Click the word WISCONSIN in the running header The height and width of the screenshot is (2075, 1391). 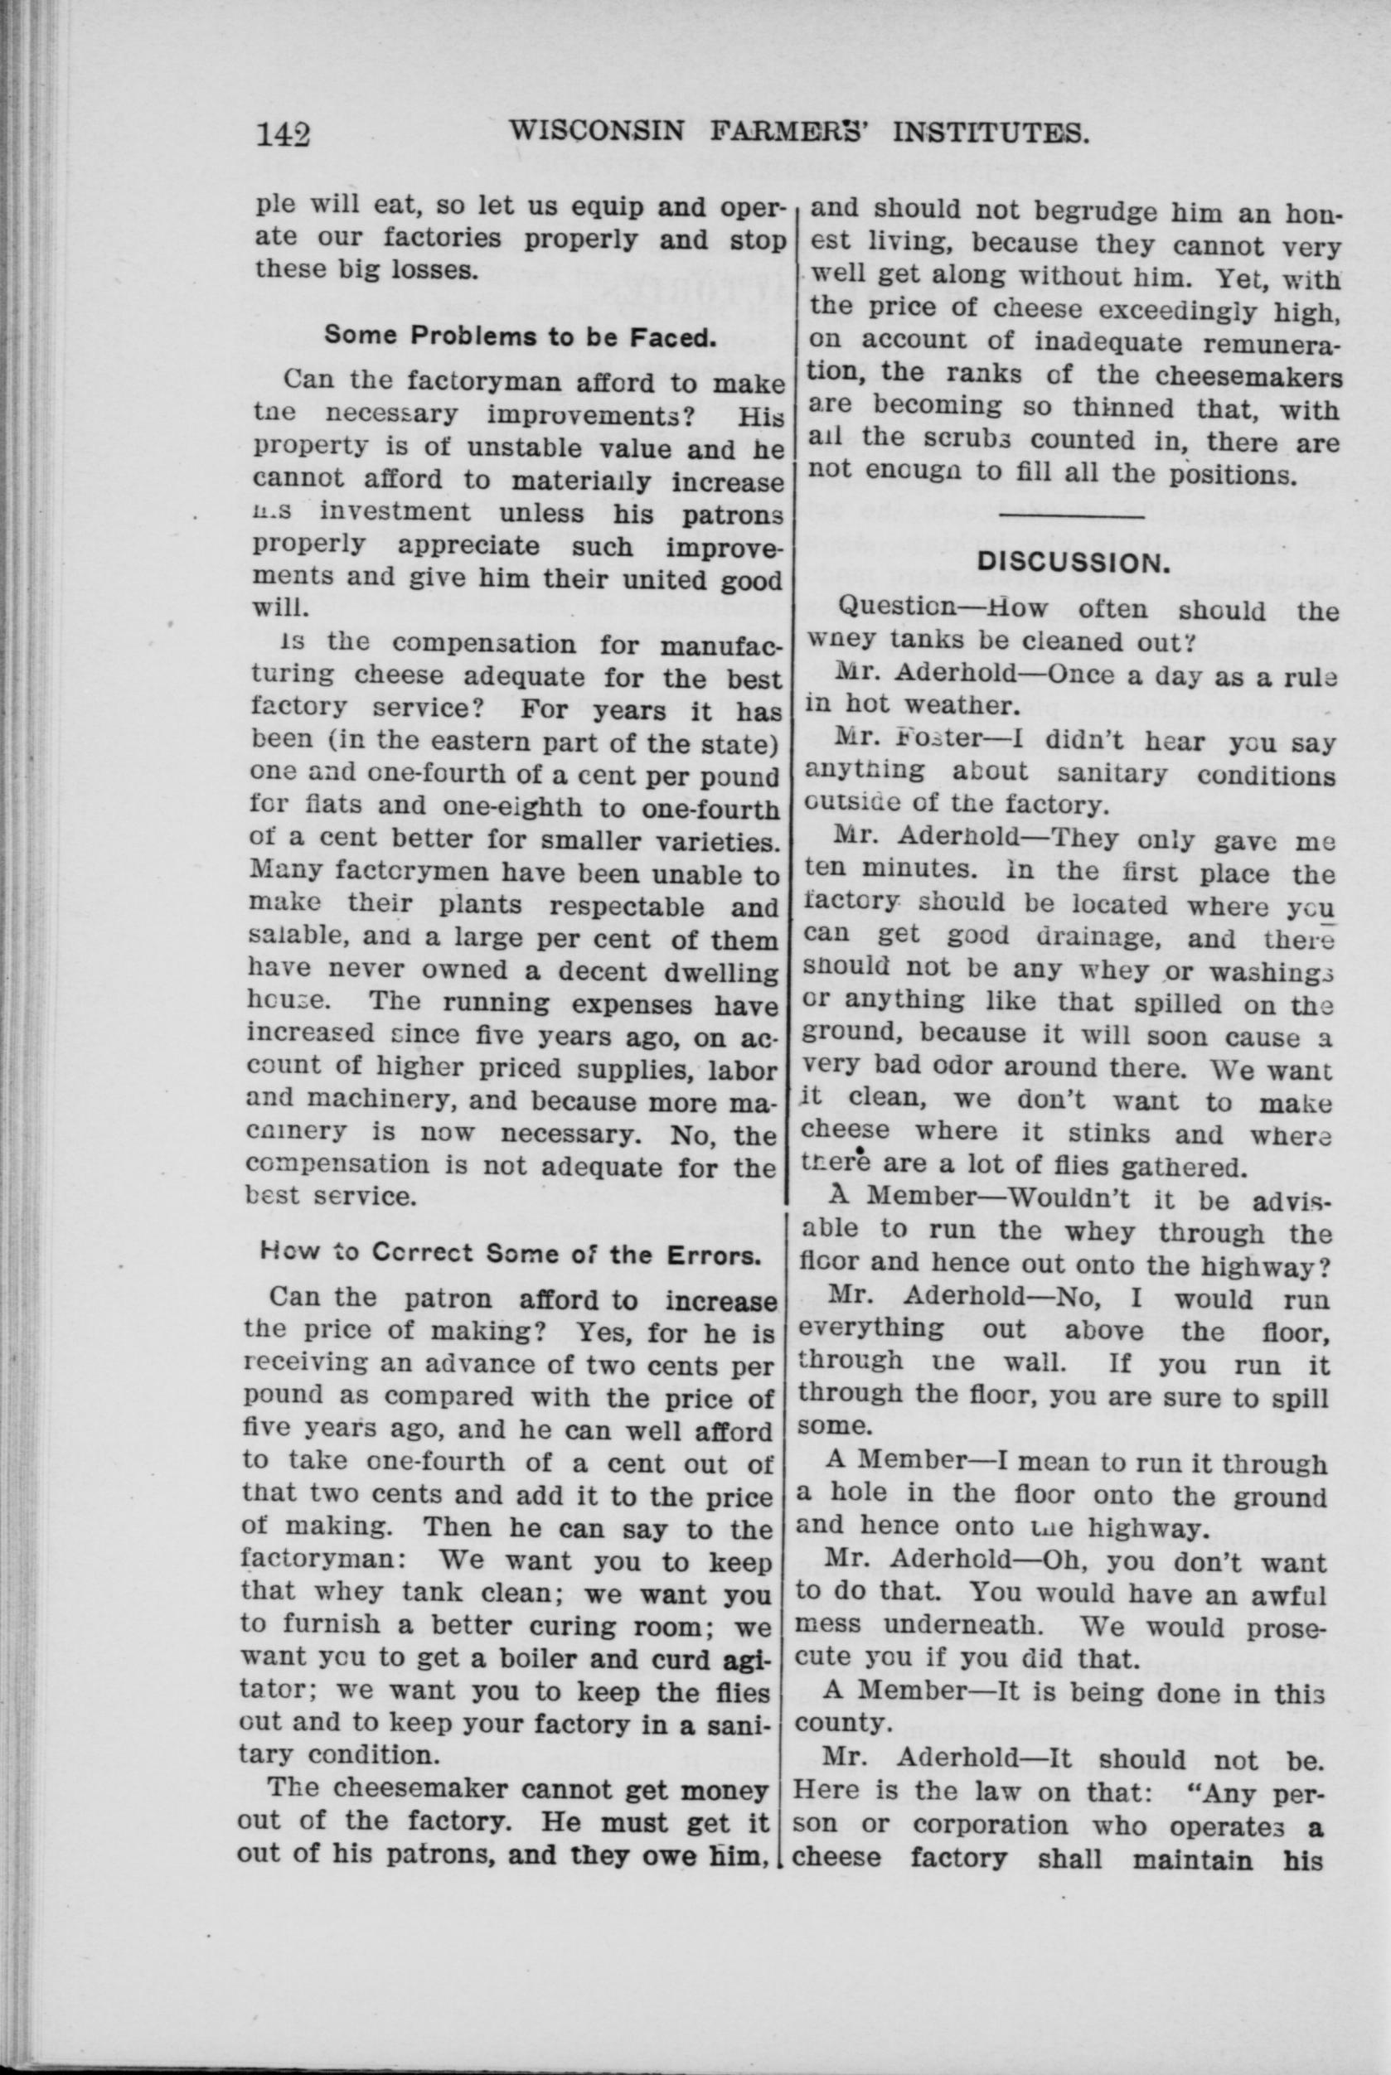596,132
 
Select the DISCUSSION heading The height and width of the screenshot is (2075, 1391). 1071,562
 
